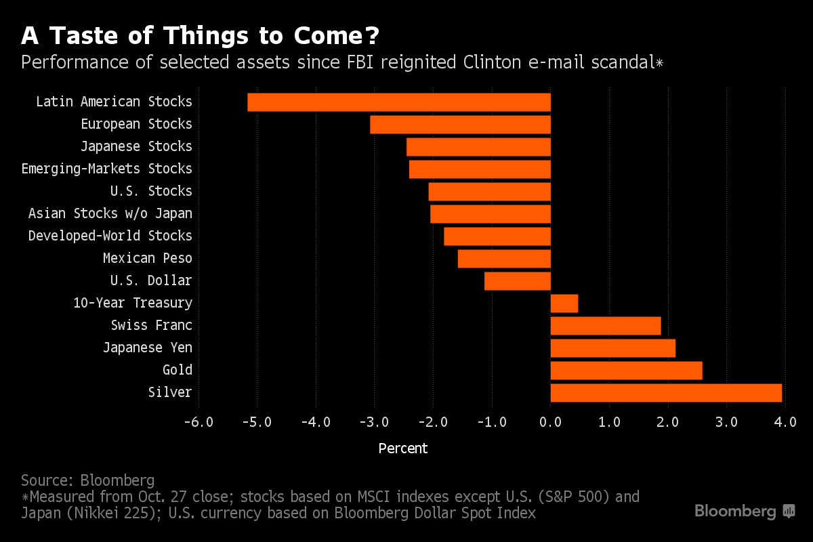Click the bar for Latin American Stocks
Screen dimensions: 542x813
tap(399, 102)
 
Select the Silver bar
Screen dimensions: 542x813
tap(666, 393)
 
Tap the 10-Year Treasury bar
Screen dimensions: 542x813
tap(564, 304)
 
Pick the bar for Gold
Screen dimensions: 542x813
tap(626, 371)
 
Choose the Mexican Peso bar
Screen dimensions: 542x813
tap(504, 259)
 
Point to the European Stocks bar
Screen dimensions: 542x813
tap(460, 125)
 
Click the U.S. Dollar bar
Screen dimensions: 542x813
tap(518, 281)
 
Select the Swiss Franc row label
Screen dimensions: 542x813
tap(152, 325)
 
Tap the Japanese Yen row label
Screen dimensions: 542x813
tap(148, 348)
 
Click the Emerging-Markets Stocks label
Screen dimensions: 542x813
tap(107, 169)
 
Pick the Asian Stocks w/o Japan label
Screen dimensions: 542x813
tap(110, 213)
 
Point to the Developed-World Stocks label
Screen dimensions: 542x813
tap(110, 236)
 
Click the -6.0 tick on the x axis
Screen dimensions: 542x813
tap(199, 422)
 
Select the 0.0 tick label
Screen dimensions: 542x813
tap(550, 422)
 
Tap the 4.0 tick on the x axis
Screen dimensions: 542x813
tap(785, 422)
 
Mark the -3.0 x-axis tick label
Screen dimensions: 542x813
tap(374, 422)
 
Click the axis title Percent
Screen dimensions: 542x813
tap(403, 449)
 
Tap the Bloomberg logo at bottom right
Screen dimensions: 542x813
tap(745, 512)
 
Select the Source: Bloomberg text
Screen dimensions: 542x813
tap(88, 480)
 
